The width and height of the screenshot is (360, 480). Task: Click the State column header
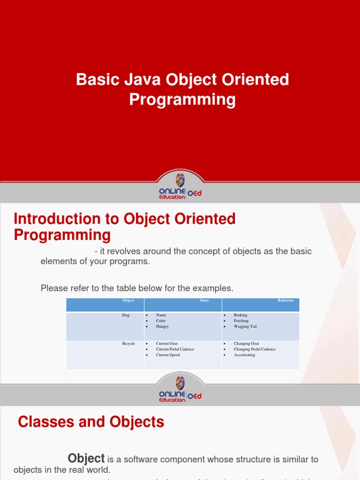pyautogui.click(x=204, y=300)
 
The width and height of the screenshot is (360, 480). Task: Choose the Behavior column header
pyautogui.click(x=285, y=300)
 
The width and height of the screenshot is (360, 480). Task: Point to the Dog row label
pyautogui.click(x=125, y=315)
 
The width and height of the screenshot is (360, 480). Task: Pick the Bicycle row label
pyautogui.click(x=128, y=344)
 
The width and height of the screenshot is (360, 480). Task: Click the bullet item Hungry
pyautogui.click(x=162, y=327)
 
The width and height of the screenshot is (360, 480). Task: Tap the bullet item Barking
pyautogui.click(x=240, y=315)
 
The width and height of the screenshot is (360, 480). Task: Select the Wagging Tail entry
pyautogui.click(x=245, y=327)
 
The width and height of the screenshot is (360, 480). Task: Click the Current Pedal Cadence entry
pyautogui.click(x=175, y=349)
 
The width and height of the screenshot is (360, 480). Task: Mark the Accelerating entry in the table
pyautogui.click(x=244, y=355)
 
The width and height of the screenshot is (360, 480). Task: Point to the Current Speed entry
pyautogui.click(x=168, y=355)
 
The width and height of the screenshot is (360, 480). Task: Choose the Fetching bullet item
pyautogui.click(x=241, y=321)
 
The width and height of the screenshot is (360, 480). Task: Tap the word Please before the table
pyautogui.click(x=53, y=288)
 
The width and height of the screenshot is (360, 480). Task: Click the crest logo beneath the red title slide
pyautogui.click(x=180, y=180)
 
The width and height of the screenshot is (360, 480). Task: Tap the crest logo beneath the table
pyautogui.click(x=180, y=382)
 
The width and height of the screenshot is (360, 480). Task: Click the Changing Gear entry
pyautogui.click(x=246, y=344)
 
